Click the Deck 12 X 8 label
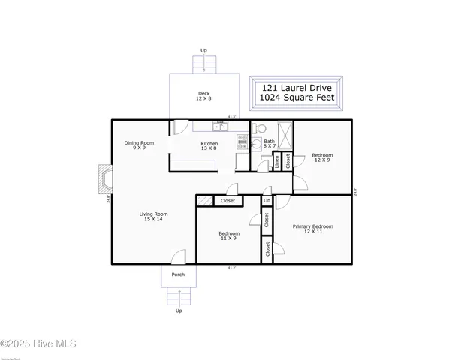tap(203, 96)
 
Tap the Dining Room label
tap(139, 145)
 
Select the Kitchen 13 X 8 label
tap(209, 145)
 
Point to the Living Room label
tap(152, 217)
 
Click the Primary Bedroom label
tap(318, 229)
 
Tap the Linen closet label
tap(277, 160)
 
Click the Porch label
tap(178, 274)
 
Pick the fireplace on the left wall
tap(103, 178)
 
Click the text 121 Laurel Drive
tap(298, 87)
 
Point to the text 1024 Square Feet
tap(298, 98)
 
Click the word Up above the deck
tap(203, 50)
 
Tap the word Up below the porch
tap(179, 310)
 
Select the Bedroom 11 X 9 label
tap(229, 235)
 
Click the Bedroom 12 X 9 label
tap(322, 157)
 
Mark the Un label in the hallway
tap(267, 200)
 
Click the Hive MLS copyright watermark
tap(38, 344)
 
